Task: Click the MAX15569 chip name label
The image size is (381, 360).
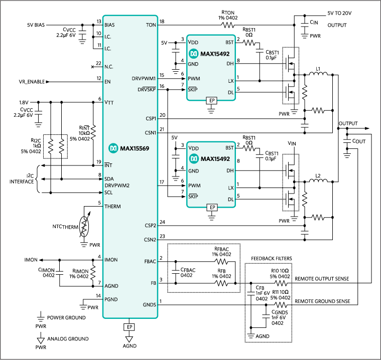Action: point(132,148)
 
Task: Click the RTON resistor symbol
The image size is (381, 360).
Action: point(228,24)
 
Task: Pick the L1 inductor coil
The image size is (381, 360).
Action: point(319,75)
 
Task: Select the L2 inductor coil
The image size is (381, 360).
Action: point(318,182)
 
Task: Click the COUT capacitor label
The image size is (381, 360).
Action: point(359,141)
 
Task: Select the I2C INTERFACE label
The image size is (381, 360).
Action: point(23,178)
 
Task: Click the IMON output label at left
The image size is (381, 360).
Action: point(33,260)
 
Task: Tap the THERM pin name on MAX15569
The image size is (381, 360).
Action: point(112,207)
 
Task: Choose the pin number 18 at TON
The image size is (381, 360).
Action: point(162,21)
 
